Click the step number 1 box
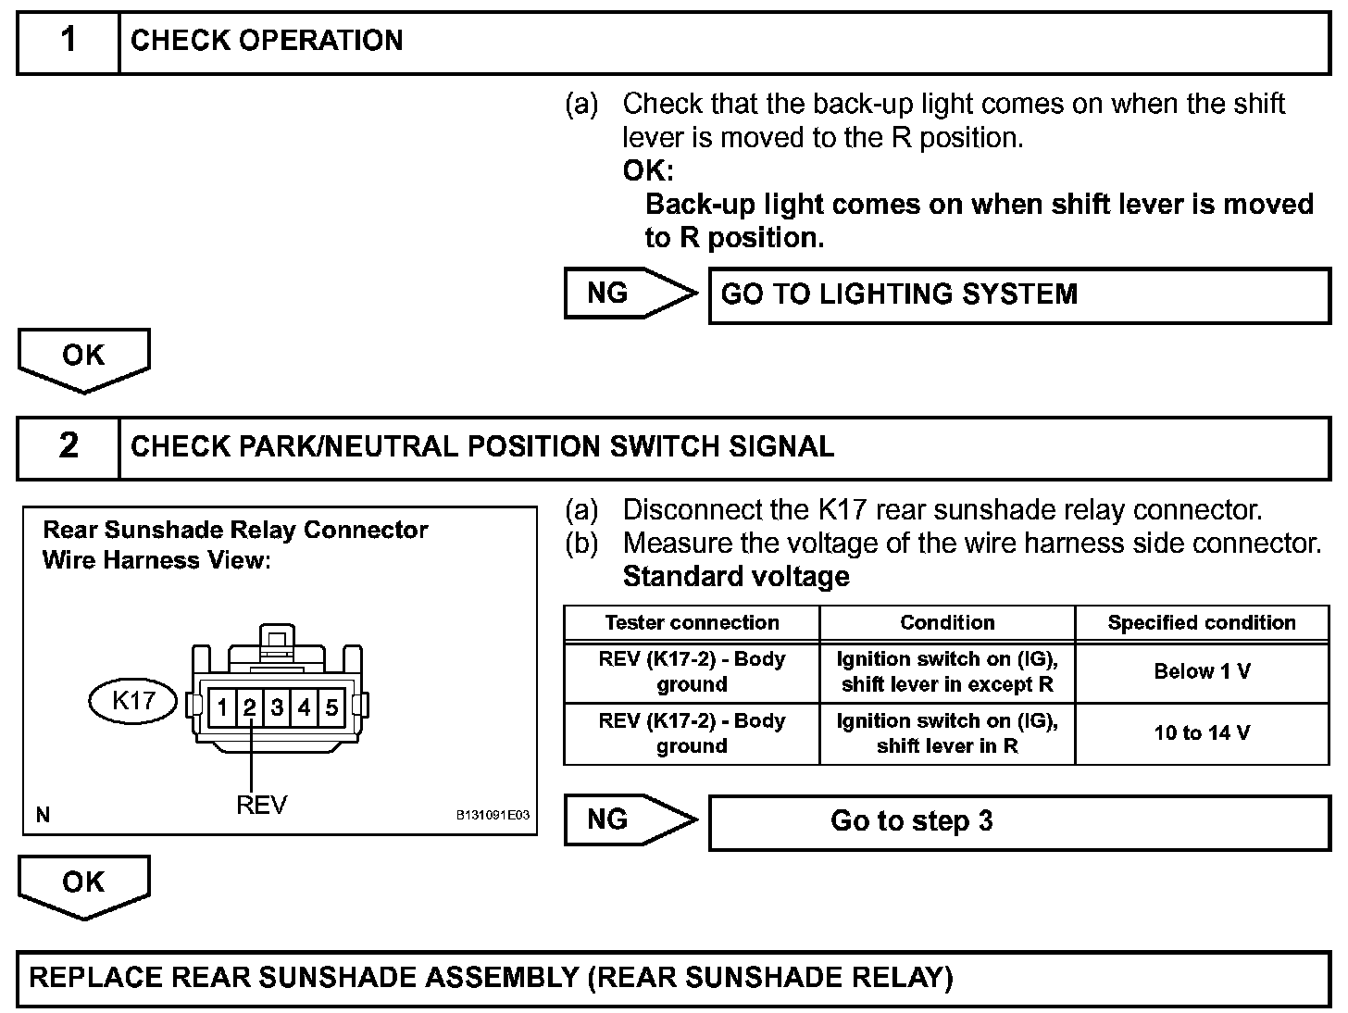click(69, 41)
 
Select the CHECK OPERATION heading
click(267, 41)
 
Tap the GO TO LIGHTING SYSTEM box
click(1018, 295)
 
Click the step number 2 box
click(69, 446)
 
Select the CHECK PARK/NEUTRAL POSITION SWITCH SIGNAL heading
click(482, 446)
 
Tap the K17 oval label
click(133, 700)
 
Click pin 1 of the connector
click(222, 708)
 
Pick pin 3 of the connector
click(277, 708)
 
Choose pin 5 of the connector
click(331, 708)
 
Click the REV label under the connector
click(262, 805)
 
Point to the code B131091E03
click(493, 815)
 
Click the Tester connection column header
click(692, 623)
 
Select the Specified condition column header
click(1202, 623)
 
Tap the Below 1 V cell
click(1202, 671)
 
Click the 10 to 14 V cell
click(1202, 733)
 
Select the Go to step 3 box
click(1018, 821)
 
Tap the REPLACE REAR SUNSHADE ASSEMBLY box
click(673, 979)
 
